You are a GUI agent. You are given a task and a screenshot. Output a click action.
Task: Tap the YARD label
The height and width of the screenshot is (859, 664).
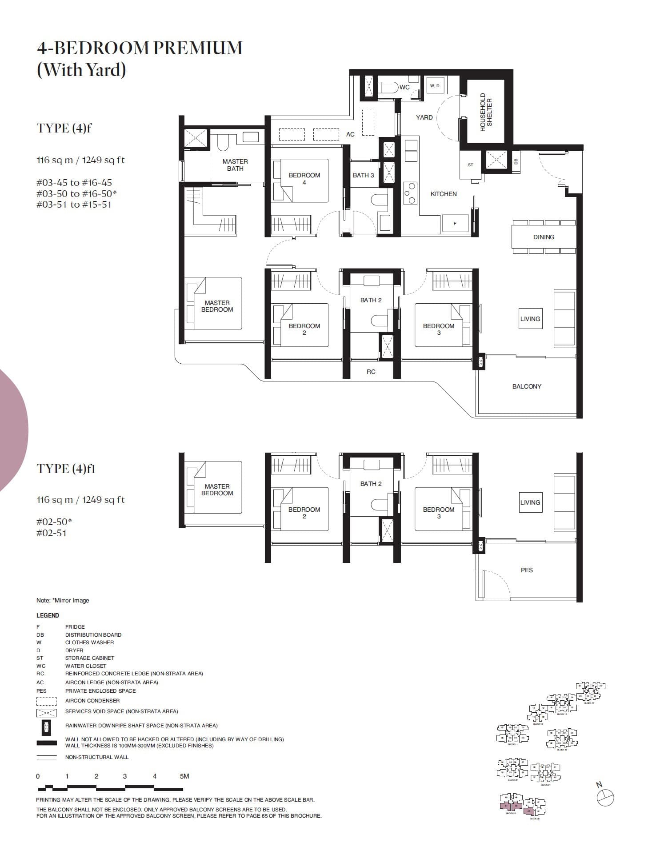point(424,117)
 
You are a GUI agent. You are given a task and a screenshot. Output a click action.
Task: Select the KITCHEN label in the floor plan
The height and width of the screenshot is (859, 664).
point(443,194)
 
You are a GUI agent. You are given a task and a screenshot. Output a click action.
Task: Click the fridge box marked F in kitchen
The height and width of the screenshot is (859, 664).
point(455,223)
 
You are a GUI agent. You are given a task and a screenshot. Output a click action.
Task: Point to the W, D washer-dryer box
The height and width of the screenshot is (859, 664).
point(435,85)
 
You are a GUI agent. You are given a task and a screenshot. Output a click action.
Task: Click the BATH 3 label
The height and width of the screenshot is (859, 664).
point(363,175)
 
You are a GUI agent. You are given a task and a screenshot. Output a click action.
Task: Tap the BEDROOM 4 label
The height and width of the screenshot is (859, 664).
point(304,178)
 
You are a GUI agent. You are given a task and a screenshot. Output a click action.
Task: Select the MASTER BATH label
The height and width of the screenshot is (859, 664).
point(235,165)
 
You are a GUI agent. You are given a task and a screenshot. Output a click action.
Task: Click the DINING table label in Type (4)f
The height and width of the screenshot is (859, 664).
point(544,237)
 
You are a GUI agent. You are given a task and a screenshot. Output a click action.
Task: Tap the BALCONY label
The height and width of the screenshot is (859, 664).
point(527,386)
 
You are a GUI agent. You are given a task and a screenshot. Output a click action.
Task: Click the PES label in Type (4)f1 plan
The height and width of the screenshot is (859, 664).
point(527,570)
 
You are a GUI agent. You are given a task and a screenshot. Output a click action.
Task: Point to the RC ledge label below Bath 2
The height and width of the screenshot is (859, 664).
point(371,372)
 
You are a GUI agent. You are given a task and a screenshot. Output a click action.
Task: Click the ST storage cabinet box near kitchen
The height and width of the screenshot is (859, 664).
point(470,165)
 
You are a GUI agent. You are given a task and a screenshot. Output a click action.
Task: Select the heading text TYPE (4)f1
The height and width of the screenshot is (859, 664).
point(66,469)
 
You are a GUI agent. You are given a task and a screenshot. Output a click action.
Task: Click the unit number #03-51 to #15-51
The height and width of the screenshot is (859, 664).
point(74,205)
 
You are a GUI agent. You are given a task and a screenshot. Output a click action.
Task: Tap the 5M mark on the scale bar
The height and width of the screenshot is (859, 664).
point(184,776)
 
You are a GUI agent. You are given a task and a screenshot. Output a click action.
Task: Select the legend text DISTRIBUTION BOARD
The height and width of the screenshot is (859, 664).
point(93,635)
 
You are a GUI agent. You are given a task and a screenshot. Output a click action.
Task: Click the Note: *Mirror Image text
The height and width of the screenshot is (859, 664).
point(63,600)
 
